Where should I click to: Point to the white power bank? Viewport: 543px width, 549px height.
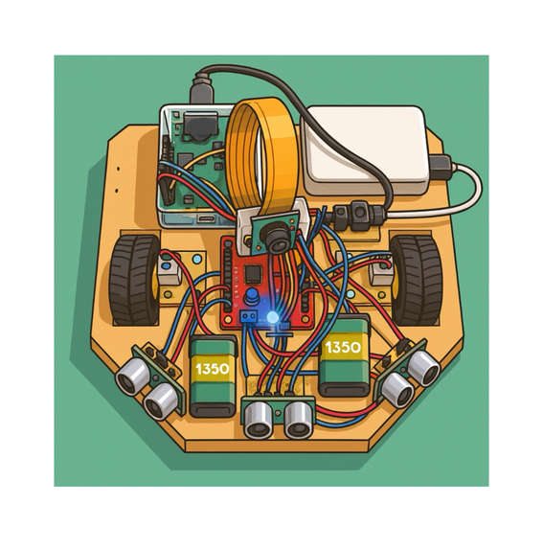pos(364,149)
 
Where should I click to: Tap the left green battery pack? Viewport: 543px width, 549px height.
pos(213,377)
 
